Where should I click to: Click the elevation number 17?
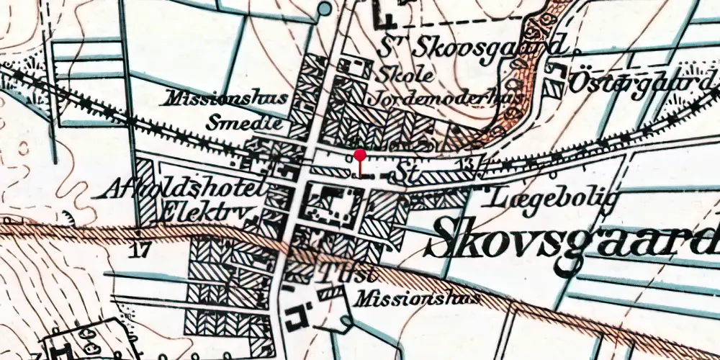(x=140, y=251)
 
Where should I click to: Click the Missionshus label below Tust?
(x=418, y=296)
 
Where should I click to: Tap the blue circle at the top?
(x=325, y=9)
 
